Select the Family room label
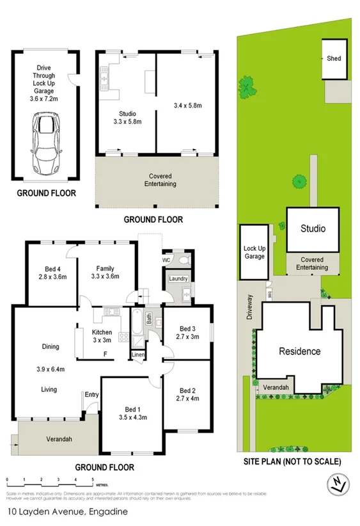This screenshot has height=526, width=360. coord(105,272)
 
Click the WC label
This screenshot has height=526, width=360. coord(166,260)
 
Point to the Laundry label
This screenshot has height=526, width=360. coord(177,279)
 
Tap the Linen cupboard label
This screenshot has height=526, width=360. coord(137,355)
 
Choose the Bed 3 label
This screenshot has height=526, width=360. coord(187,332)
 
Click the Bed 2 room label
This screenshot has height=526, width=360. coord(187,395)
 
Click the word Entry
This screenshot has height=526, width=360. coord(91,395)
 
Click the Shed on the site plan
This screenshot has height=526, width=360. coord(333,59)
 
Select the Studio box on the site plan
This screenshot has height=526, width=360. coord(312,229)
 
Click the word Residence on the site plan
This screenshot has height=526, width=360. coord(299,351)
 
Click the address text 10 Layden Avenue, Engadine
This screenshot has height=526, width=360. coord(67,511)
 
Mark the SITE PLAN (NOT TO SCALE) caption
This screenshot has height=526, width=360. coord(292,461)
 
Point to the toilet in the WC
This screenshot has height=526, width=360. coord(184,260)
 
